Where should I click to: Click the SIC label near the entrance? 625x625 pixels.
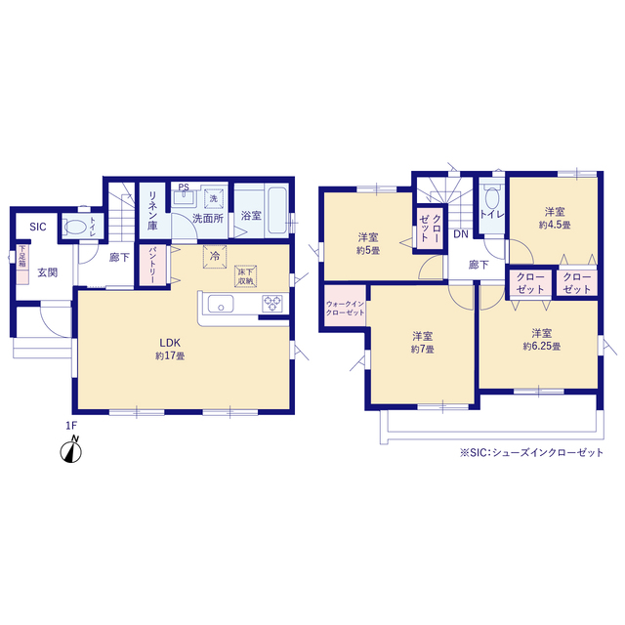coord(37,227)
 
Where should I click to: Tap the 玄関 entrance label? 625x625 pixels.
coord(46,272)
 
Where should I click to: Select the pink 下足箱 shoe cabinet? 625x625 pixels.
coord(21,261)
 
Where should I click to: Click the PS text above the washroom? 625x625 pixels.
coord(183,188)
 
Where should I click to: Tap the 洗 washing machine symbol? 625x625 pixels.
coord(212,200)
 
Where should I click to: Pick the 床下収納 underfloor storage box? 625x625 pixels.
coord(246,275)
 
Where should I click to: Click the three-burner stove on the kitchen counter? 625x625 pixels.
coord(271,306)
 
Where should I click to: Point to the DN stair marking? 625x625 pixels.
coord(459,235)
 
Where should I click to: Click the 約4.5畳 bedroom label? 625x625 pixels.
coord(554,218)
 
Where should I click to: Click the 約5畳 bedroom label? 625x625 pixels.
coord(368,243)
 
